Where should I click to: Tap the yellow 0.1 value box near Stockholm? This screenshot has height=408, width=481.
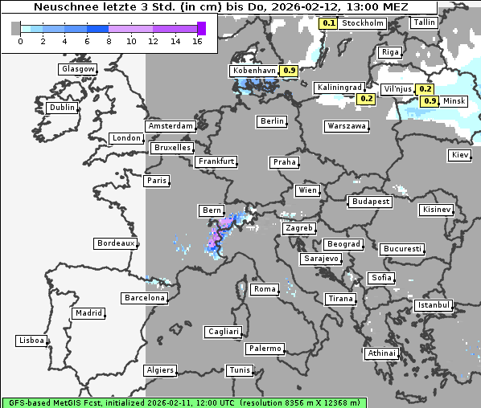(328, 23)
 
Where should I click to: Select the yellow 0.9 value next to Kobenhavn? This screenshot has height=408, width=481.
(290, 71)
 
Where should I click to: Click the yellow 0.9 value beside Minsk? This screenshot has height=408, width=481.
(430, 101)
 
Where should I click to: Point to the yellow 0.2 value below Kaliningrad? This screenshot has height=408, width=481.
(366, 99)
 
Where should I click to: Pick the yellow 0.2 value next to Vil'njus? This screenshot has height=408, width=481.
(425, 89)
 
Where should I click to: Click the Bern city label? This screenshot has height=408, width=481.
(212, 210)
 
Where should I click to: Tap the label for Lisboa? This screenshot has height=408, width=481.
(31, 341)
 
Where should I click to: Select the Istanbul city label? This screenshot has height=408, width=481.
(434, 306)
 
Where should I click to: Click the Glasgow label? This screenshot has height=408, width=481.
(78, 69)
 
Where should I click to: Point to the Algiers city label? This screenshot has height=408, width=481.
(159, 370)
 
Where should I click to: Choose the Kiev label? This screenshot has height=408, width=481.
(460, 154)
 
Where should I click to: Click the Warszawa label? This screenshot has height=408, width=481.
(347, 126)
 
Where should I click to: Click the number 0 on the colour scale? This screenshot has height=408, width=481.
(19, 41)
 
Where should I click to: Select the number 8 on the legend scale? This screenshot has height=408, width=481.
(109, 41)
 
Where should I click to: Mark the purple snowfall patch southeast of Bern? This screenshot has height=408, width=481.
(216, 239)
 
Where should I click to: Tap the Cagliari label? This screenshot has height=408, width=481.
(223, 331)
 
